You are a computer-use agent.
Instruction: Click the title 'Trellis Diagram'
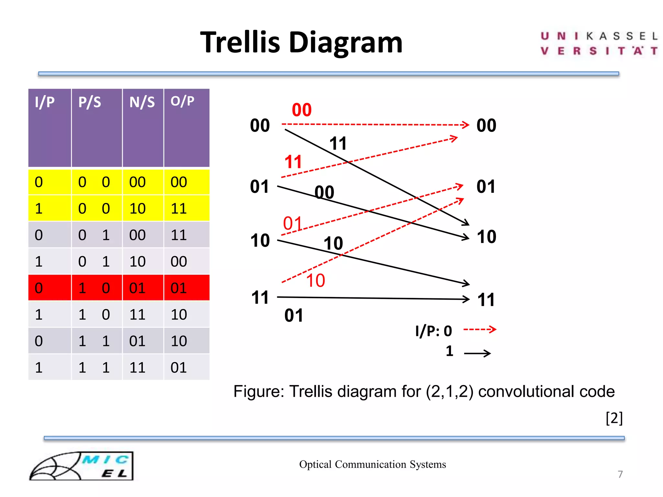[301, 43]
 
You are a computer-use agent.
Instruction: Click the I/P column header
[45, 102]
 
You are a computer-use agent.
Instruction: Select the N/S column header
[142, 102]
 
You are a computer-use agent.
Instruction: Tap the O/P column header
[182, 101]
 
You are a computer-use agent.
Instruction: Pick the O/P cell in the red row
[179, 288]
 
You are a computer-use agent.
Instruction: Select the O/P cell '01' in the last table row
[179, 368]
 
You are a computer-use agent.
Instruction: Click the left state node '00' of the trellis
[260, 126]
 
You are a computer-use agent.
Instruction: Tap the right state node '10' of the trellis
[486, 237]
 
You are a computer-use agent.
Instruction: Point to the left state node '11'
[260, 298]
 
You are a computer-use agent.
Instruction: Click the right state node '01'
[486, 187]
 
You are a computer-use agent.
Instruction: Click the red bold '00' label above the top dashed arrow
[301, 110]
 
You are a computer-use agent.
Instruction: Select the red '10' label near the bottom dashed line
[315, 281]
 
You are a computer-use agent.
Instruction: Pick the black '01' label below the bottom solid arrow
[294, 315]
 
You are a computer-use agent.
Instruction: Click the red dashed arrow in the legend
[479, 330]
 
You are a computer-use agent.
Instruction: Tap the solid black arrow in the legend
[477, 353]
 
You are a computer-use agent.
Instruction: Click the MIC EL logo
[82, 466]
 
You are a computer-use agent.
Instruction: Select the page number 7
[620, 474]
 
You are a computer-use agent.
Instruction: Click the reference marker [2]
[614, 418]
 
